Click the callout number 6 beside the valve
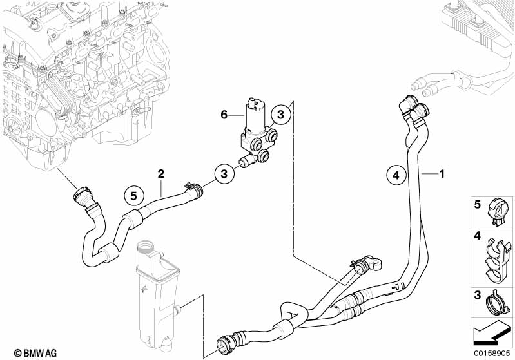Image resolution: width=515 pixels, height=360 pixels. pyautogui.click(x=224, y=115)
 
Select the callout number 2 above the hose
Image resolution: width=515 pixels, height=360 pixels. pyautogui.click(x=161, y=173)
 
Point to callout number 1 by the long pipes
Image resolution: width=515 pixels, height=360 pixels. pyautogui.click(x=442, y=173)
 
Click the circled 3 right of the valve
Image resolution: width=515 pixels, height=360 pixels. pyautogui.click(x=280, y=115)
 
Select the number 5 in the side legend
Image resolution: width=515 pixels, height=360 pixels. pyautogui.click(x=478, y=205)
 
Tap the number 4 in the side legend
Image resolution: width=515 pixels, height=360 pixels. pyautogui.click(x=478, y=237)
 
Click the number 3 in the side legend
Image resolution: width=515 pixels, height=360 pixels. pyautogui.click(x=478, y=295)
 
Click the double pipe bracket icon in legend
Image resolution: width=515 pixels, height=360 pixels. pyautogui.click(x=497, y=261)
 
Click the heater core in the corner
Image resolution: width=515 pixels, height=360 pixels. pyautogui.click(x=477, y=26)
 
